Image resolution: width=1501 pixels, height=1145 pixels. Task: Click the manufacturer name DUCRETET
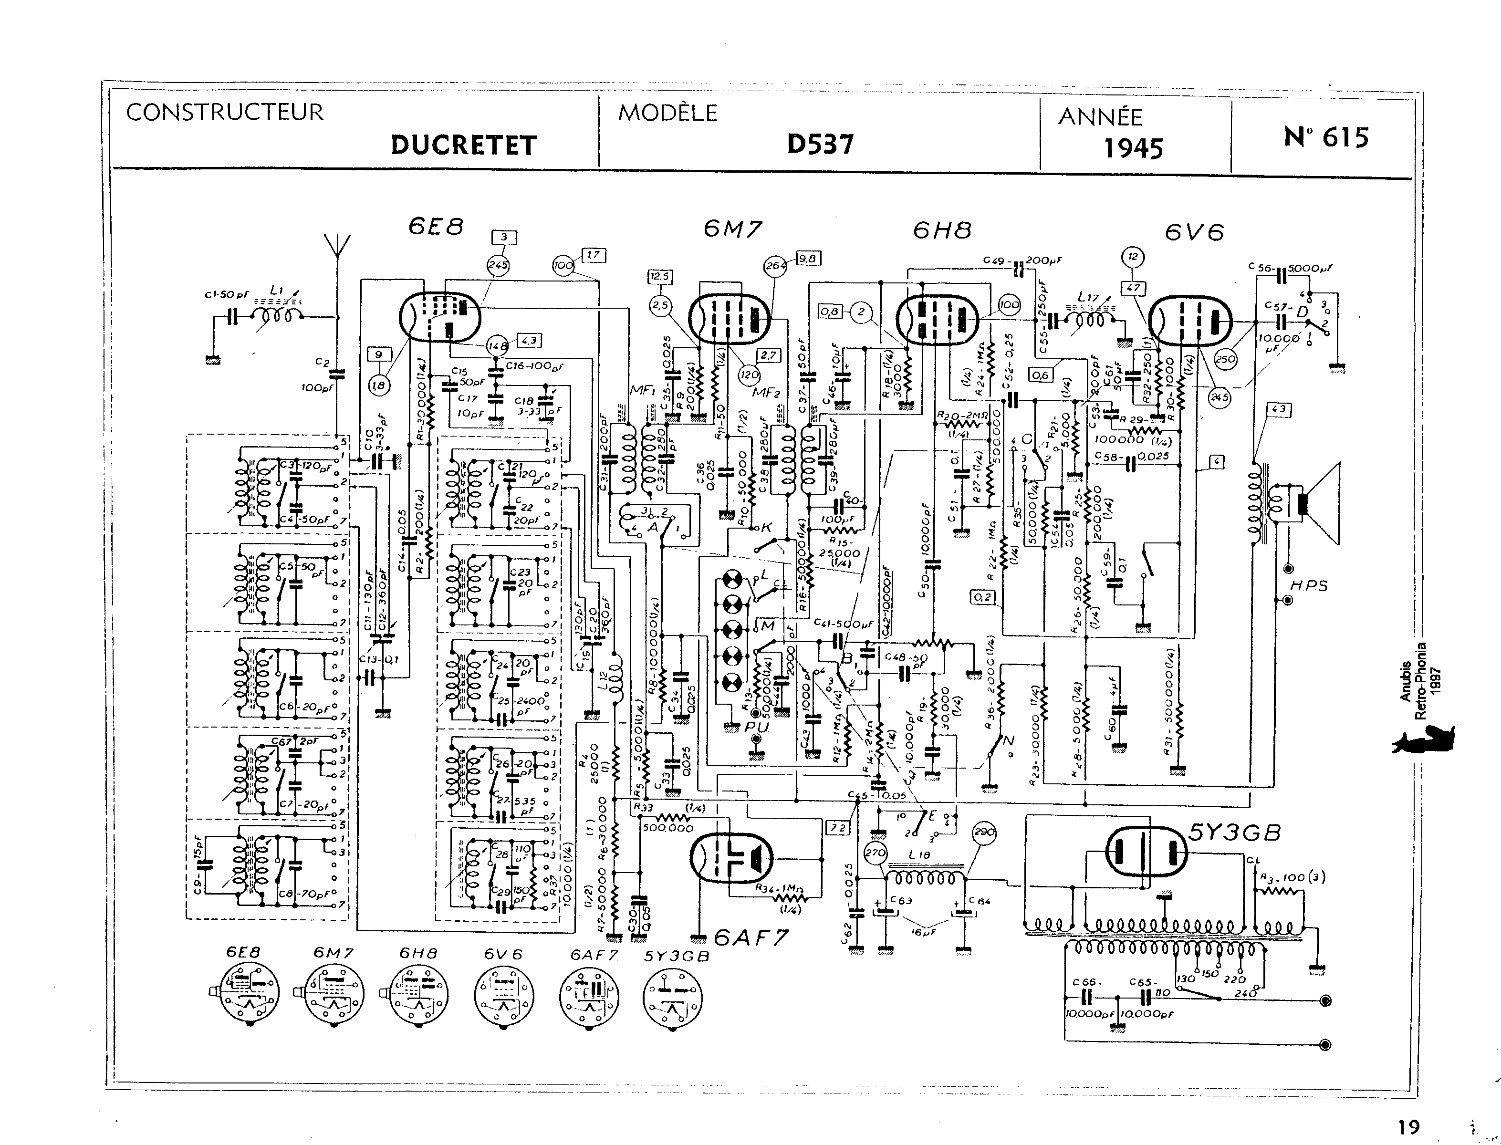464,145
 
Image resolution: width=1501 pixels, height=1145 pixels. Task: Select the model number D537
820,144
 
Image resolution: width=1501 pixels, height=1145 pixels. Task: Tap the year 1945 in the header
1133,148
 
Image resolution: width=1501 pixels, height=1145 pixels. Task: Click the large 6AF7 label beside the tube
752,938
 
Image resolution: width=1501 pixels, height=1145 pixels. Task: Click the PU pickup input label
756,727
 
